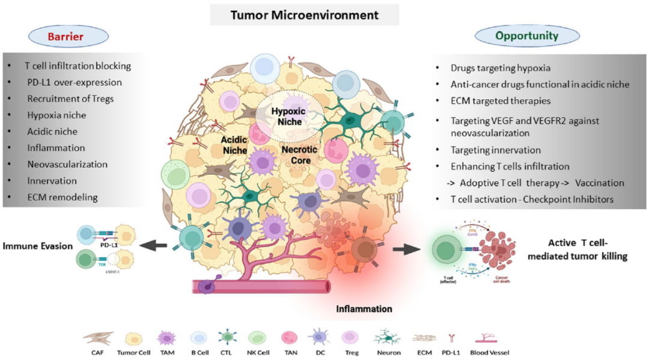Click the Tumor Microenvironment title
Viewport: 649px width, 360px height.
pos(305,15)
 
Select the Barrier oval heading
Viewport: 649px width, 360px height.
pos(67,36)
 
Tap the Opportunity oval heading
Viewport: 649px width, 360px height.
pos(527,36)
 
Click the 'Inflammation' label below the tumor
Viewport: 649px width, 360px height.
pos(365,309)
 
